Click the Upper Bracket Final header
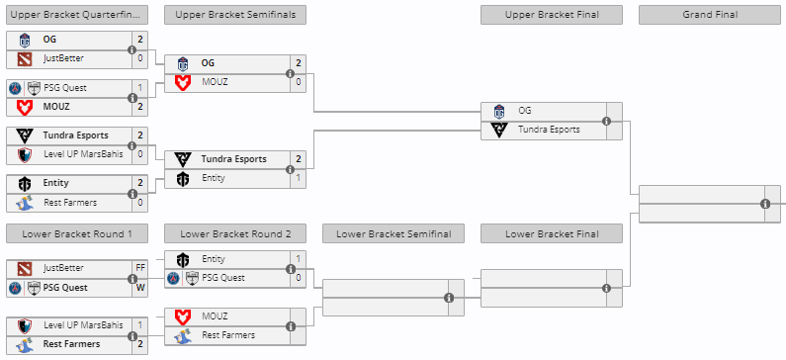(x=551, y=15)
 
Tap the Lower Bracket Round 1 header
(x=76, y=233)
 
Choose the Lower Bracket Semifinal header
(x=393, y=233)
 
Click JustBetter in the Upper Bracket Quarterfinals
(x=63, y=58)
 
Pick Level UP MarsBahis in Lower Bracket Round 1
(x=83, y=324)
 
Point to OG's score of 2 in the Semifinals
(x=298, y=62)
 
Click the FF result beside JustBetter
(x=139, y=268)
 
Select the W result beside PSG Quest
(x=139, y=288)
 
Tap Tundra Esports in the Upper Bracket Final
(x=549, y=129)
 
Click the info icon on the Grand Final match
(x=764, y=204)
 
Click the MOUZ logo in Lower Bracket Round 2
(x=183, y=316)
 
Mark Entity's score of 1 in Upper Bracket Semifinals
(x=298, y=178)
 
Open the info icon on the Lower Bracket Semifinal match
(x=448, y=297)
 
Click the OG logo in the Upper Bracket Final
(x=499, y=111)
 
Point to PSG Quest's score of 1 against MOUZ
(x=139, y=87)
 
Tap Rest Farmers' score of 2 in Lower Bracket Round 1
(x=139, y=344)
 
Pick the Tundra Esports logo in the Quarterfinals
(x=25, y=135)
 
